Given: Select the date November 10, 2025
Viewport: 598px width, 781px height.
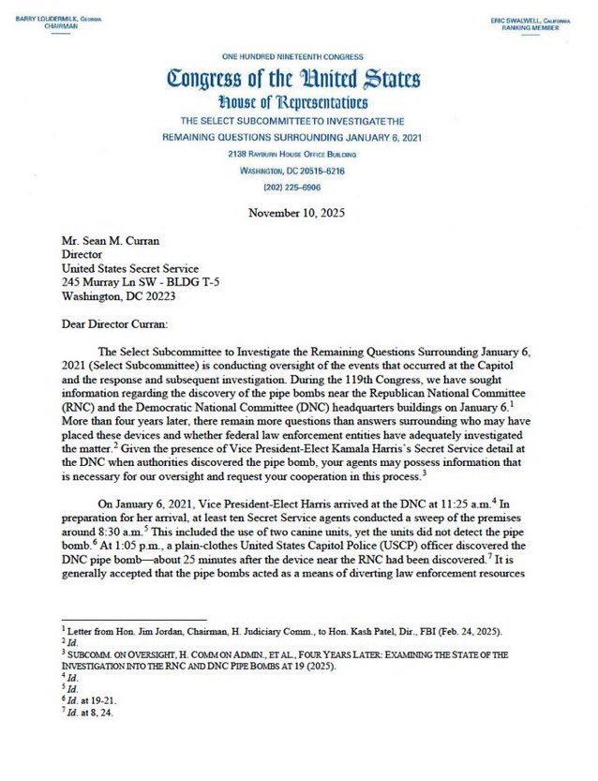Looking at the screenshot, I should point(296,213).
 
